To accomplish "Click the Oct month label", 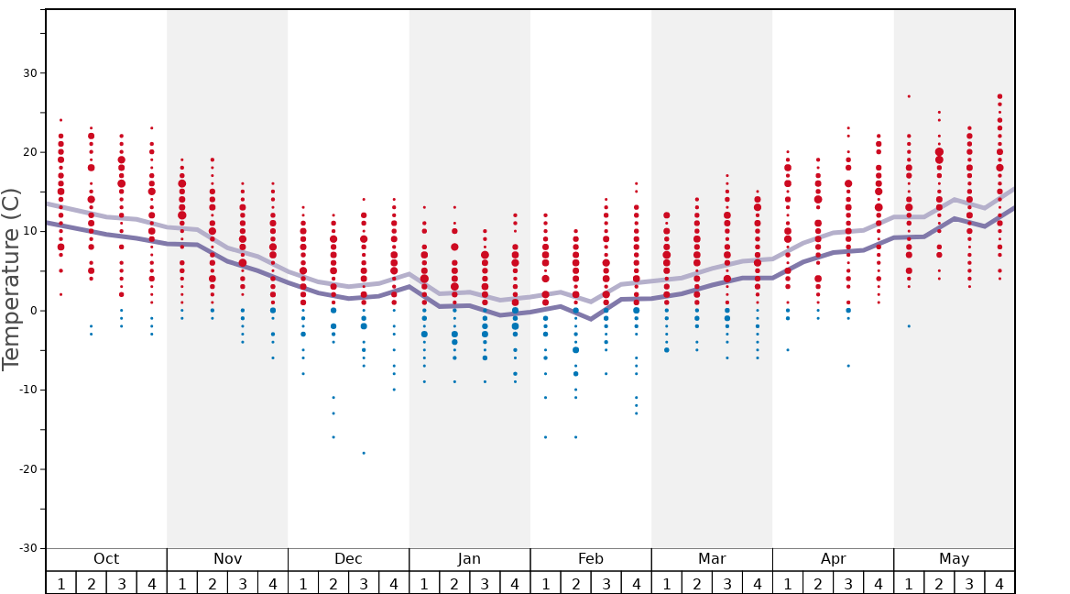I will pos(106,559).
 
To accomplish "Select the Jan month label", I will pos(469,559).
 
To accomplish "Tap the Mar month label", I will pos(712,559).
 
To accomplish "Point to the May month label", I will pos(954,559).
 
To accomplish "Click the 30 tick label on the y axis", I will pos(27,73).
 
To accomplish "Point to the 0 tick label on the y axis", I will pos(32,311).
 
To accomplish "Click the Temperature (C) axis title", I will pos(11,279).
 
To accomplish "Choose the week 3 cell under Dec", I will pos(364,583).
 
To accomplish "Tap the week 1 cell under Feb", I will pos(545,583).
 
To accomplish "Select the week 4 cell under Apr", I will pos(879,583).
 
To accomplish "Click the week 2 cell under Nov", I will pos(213,583).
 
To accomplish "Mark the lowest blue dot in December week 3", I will pos(364,453).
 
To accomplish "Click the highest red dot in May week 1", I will pos(909,96).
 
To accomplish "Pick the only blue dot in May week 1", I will pos(909,326).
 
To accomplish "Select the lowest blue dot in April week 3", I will pos(848,366).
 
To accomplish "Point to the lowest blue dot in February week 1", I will pos(545,437).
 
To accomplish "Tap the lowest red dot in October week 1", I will pos(60,294).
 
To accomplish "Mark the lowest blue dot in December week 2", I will pos(333,437).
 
